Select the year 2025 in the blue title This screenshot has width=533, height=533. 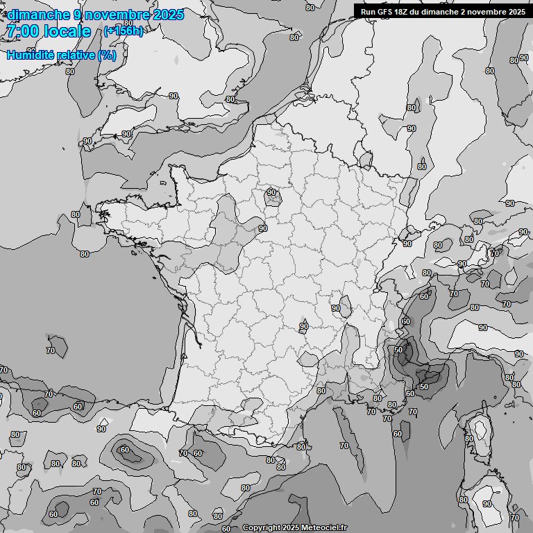169,15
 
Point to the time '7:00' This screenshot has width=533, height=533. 23,31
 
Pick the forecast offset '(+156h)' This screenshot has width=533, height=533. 124,31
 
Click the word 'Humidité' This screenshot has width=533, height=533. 32,55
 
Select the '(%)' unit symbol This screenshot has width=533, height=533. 107,55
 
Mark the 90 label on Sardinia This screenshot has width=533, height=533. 487,504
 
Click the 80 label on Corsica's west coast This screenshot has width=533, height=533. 469,439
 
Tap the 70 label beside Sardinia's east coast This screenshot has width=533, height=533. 514,518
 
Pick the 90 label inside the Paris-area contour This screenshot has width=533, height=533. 271,192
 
